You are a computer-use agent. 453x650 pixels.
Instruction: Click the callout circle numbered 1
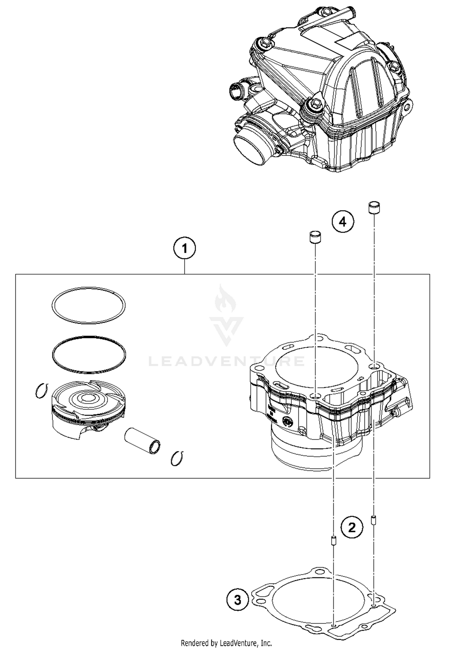pos(185,248)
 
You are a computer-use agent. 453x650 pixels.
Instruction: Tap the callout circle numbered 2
pos(352,528)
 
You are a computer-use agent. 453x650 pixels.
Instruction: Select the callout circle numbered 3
pos(238,600)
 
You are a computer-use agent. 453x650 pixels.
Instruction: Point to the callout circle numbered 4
pos(343,222)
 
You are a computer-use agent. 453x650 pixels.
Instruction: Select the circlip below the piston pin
pos(177,458)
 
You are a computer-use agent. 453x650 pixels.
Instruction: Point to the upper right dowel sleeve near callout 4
pos(374,208)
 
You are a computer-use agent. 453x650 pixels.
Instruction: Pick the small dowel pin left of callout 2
pos(333,540)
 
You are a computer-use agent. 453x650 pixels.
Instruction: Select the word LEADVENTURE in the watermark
pos(226,361)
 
